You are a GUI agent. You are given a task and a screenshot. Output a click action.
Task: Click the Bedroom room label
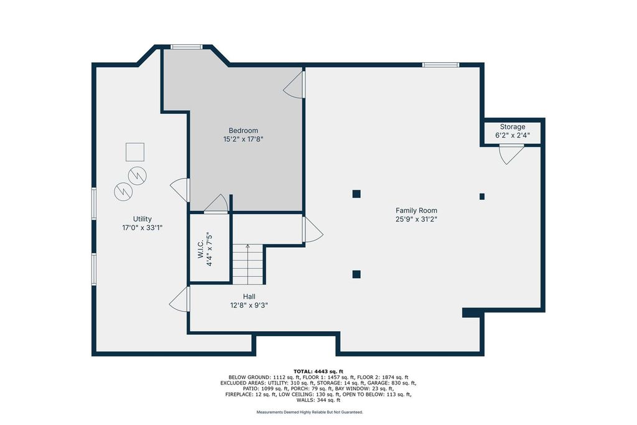tap(243, 131)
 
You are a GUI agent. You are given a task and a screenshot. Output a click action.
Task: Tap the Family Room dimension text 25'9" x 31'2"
tap(416, 219)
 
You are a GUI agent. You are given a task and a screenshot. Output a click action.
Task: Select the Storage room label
tap(513, 127)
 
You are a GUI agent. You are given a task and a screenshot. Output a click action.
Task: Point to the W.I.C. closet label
tap(201, 249)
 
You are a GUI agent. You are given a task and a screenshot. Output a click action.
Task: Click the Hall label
tap(249, 297)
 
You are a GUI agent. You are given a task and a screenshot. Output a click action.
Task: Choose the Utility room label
tap(142, 219)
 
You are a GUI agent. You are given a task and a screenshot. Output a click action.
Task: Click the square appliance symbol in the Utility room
tap(135, 152)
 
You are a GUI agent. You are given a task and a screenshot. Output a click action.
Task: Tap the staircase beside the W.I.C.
tap(248, 264)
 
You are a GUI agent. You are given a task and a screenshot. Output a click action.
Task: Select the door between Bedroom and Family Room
tap(294, 85)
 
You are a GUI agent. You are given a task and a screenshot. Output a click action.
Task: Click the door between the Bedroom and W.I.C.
tap(216, 204)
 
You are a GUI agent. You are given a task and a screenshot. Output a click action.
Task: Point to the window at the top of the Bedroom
tap(187, 47)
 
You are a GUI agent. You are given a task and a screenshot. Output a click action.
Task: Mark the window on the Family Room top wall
tap(441, 65)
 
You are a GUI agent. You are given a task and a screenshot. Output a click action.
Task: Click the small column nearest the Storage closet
tap(482, 197)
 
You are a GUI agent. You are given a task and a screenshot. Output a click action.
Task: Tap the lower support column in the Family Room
tap(356, 274)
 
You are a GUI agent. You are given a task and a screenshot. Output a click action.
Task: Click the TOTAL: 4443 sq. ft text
tap(318, 371)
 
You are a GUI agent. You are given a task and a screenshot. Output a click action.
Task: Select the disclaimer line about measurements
tap(310, 412)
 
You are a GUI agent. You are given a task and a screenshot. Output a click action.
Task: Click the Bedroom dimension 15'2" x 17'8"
tap(243, 139)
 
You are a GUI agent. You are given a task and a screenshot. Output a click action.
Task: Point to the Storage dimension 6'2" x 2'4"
tap(513, 135)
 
